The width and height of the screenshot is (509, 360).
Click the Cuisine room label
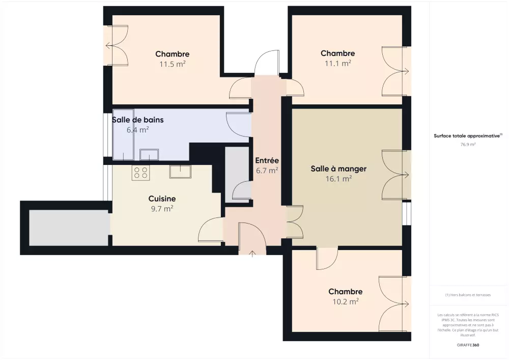(x=162, y=199)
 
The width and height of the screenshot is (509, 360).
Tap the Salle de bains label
(x=137, y=120)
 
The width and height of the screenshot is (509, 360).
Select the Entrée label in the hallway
(x=267, y=160)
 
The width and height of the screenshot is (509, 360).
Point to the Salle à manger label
(x=338, y=169)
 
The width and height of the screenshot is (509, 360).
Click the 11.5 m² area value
(x=173, y=64)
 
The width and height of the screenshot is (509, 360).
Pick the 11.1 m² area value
(x=338, y=63)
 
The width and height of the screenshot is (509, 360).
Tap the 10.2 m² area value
(x=346, y=301)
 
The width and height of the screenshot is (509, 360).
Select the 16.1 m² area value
(x=338, y=179)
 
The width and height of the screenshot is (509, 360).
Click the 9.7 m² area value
(x=162, y=209)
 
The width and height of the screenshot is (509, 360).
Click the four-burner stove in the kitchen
(x=140, y=173)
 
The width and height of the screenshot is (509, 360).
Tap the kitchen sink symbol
(x=180, y=172)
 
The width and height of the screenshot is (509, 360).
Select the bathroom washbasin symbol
(x=149, y=154)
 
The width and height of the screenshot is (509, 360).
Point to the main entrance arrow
(x=252, y=254)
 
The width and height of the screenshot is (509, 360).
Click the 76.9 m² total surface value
(x=468, y=145)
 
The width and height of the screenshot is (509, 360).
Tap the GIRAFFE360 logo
(x=468, y=345)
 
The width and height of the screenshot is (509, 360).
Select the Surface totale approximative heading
(x=468, y=135)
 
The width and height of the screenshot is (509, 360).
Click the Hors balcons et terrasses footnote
(x=468, y=295)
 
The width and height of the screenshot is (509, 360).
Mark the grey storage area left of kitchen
(x=69, y=228)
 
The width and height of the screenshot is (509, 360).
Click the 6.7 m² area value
(x=267, y=171)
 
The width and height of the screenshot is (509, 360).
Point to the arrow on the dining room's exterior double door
(x=405, y=175)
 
